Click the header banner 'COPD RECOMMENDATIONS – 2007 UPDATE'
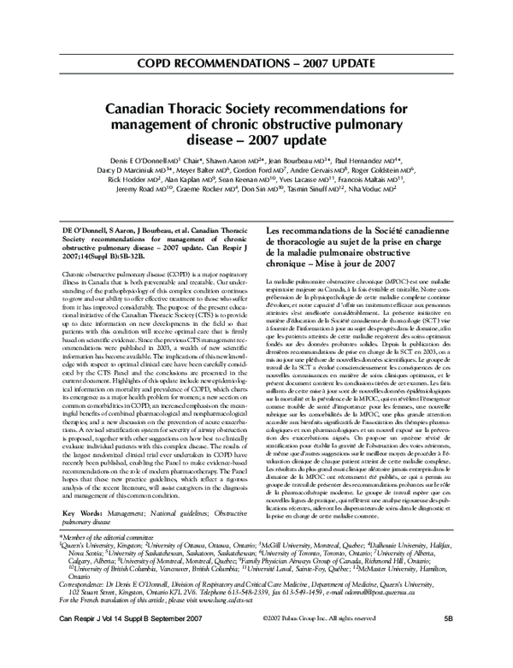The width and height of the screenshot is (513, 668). click(256, 64)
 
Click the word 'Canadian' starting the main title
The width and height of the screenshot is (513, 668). click(146, 109)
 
